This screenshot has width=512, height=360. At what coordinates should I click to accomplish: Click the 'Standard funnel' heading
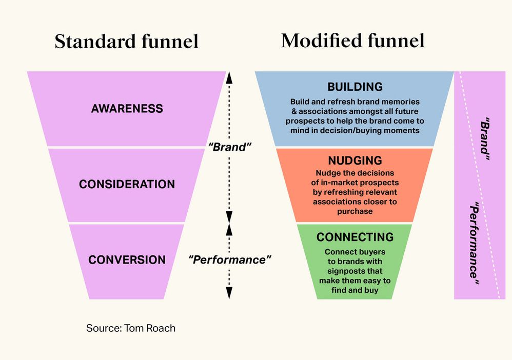click(126, 42)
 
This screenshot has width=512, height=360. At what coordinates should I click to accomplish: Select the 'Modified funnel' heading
click(353, 41)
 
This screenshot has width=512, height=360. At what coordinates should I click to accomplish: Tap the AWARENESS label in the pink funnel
click(127, 109)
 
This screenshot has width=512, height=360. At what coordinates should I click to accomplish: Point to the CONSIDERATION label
click(127, 184)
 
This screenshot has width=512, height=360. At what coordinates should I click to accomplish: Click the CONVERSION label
click(127, 259)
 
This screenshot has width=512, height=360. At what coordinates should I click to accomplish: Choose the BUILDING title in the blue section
click(355, 87)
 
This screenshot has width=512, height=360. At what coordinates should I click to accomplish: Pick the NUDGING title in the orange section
click(355, 161)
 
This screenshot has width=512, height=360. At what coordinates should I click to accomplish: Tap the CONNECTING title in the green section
click(355, 237)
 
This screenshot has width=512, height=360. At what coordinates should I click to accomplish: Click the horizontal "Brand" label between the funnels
click(229, 147)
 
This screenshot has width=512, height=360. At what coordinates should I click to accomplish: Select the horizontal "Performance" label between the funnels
click(230, 259)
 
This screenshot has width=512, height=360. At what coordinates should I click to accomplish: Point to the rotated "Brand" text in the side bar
click(485, 141)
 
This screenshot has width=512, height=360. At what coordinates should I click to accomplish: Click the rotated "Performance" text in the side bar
click(476, 241)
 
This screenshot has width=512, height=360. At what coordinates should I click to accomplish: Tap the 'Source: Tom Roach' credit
click(131, 328)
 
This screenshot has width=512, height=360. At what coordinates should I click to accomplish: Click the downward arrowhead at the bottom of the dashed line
click(229, 293)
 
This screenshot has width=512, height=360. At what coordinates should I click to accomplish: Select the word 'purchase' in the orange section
click(355, 211)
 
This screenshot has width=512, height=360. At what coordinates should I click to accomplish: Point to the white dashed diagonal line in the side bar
click(480, 185)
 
